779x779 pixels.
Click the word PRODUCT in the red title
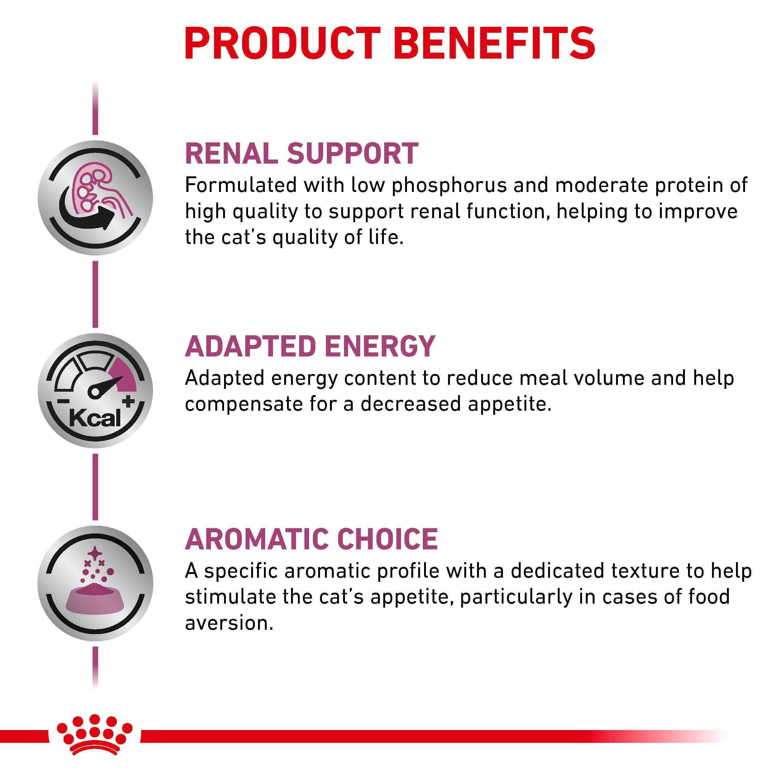[283, 44]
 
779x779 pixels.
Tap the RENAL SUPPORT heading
[302, 153]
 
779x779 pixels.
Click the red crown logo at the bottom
[95, 739]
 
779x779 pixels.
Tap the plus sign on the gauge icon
[129, 401]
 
